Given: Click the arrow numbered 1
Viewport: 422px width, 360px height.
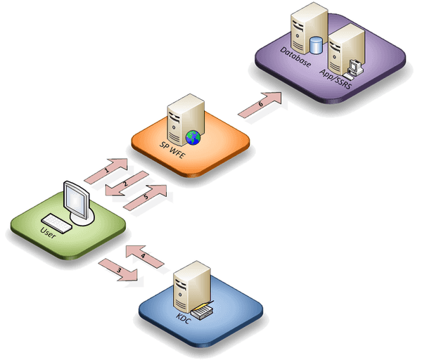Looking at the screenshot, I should click(107, 169).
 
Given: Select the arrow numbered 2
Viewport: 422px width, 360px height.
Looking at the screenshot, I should click(125, 184).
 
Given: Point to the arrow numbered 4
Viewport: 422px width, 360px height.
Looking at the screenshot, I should click(143, 256).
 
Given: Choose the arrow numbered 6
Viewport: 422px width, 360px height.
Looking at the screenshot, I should click(260, 105).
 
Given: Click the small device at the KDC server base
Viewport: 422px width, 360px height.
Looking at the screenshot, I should click(202, 309).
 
